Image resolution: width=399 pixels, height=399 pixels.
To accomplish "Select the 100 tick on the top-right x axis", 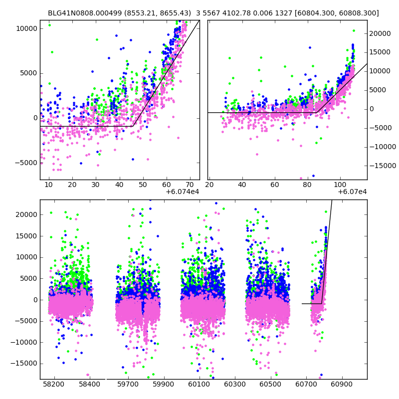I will tap(340, 185).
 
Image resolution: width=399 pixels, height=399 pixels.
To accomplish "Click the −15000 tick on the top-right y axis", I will tap(382, 166).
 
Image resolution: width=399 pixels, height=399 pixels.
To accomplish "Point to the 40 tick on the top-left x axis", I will tap(119, 185).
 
